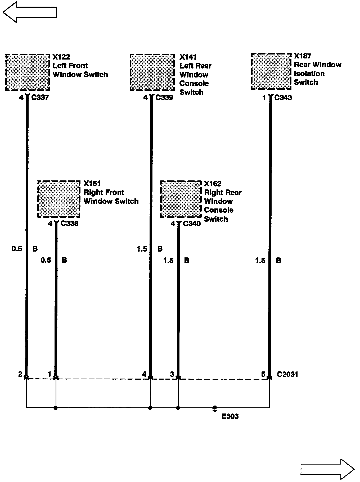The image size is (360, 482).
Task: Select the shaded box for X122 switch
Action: tap(28, 72)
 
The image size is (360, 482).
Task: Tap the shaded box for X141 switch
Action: tap(152, 73)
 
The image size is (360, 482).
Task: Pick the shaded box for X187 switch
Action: tap(271, 71)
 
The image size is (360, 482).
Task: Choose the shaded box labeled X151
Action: tap(59, 199)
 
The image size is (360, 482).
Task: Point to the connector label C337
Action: tap(40, 98)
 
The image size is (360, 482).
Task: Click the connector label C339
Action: tap(164, 98)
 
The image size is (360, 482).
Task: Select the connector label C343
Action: tap(283, 98)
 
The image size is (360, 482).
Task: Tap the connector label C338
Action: tap(69, 224)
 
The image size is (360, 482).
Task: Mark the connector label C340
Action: tap(192, 224)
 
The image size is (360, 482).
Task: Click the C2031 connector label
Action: tap(287, 374)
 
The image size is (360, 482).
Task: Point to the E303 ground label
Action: tap(230, 416)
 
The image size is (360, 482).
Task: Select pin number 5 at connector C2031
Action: tap(263, 374)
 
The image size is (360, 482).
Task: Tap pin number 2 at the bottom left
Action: tap(20, 374)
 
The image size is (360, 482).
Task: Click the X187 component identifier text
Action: tap(303, 56)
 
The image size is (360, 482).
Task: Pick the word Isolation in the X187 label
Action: tap(309, 74)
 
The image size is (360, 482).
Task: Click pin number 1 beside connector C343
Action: tap(264, 98)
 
